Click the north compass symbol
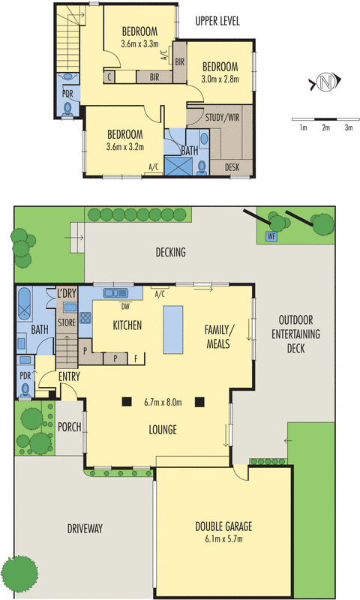(x=323, y=82)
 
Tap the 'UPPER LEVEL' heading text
(x=217, y=21)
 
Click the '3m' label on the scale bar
(x=347, y=128)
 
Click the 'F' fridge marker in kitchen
(x=135, y=358)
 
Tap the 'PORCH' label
(x=70, y=427)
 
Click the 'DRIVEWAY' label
(x=84, y=529)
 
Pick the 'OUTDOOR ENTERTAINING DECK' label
(x=296, y=334)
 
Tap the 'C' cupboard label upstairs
(x=109, y=76)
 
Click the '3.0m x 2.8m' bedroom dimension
(x=220, y=79)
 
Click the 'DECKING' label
(x=171, y=253)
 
